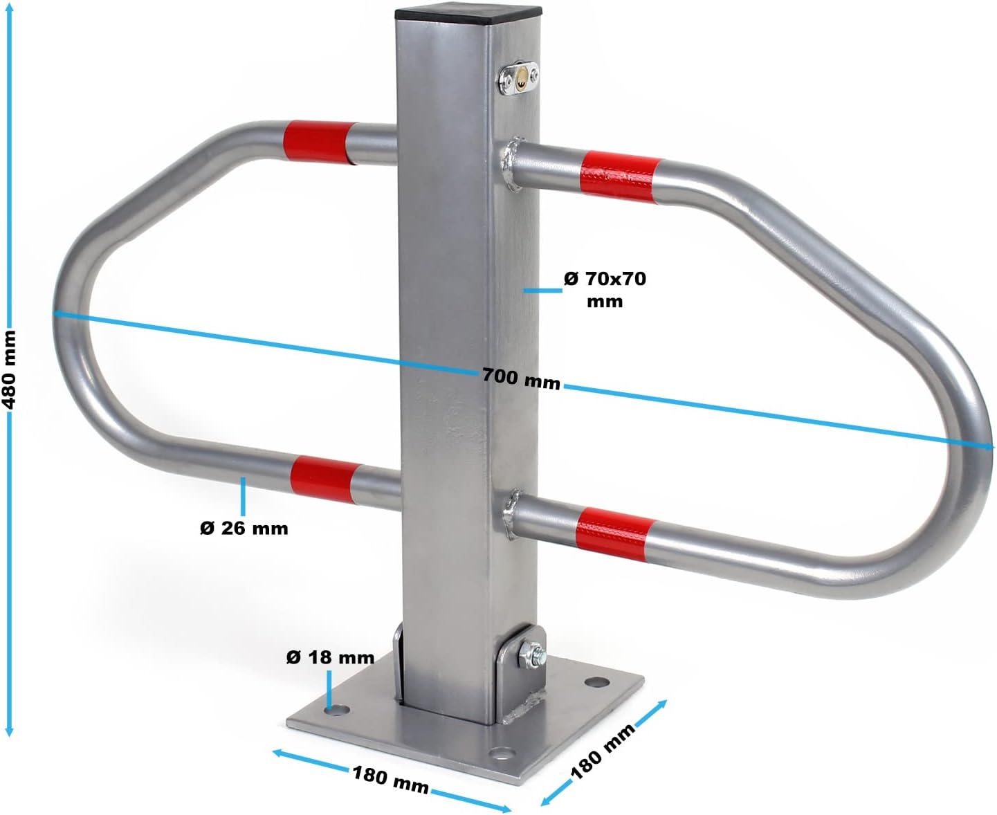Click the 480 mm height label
(x=10, y=369)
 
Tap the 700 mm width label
(x=521, y=379)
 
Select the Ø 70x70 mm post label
(x=605, y=289)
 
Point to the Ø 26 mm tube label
(x=244, y=528)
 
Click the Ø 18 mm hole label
(x=330, y=657)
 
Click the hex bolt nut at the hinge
(x=531, y=656)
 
